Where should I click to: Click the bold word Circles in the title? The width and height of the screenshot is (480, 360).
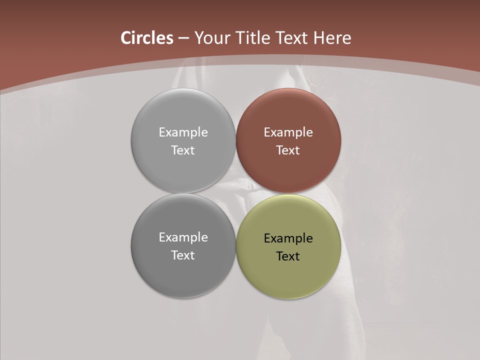tap(147, 38)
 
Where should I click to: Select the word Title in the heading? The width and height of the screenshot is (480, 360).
tap(253, 38)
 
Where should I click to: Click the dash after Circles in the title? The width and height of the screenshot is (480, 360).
tap(183, 38)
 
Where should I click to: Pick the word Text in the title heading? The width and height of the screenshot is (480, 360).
tap(292, 38)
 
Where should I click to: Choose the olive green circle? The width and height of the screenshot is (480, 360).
tap(288, 275)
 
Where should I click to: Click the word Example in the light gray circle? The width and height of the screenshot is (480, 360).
tap(183, 132)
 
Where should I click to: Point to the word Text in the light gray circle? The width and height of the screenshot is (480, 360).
tap(183, 150)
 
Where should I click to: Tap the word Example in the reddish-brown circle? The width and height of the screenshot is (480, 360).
tap(288, 132)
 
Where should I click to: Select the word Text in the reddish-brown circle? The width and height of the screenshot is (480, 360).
tap(288, 150)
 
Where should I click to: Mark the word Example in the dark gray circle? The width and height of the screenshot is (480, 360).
tap(183, 237)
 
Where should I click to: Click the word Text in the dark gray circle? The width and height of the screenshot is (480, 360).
tap(183, 255)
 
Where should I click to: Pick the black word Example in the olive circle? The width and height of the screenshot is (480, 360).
tap(288, 238)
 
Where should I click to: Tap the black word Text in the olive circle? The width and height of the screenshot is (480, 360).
tap(288, 256)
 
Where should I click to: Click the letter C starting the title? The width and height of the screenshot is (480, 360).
tap(126, 38)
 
